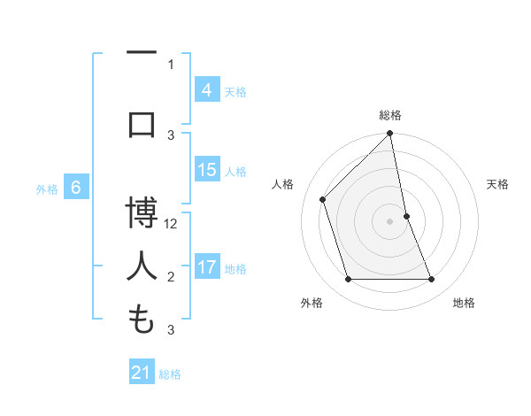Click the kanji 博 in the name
(x=142, y=213)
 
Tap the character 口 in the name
(x=142, y=123)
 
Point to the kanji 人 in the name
(x=142, y=265)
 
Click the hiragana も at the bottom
(x=142, y=318)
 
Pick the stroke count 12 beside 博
(x=172, y=223)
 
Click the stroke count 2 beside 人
(x=171, y=277)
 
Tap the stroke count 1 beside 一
(x=171, y=64)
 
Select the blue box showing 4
(x=206, y=89)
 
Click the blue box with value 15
(x=206, y=170)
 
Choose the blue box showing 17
(x=206, y=266)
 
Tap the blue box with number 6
(x=77, y=187)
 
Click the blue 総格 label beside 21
(x=170, y=374)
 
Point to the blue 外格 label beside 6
(x=47, y=189)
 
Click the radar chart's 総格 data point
(x=390, y=135)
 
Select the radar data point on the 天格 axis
(x=406, y=216)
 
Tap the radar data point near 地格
(x=432, y=280)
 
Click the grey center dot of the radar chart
(x=390, y=221)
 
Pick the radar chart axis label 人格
(x=282, y=184)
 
